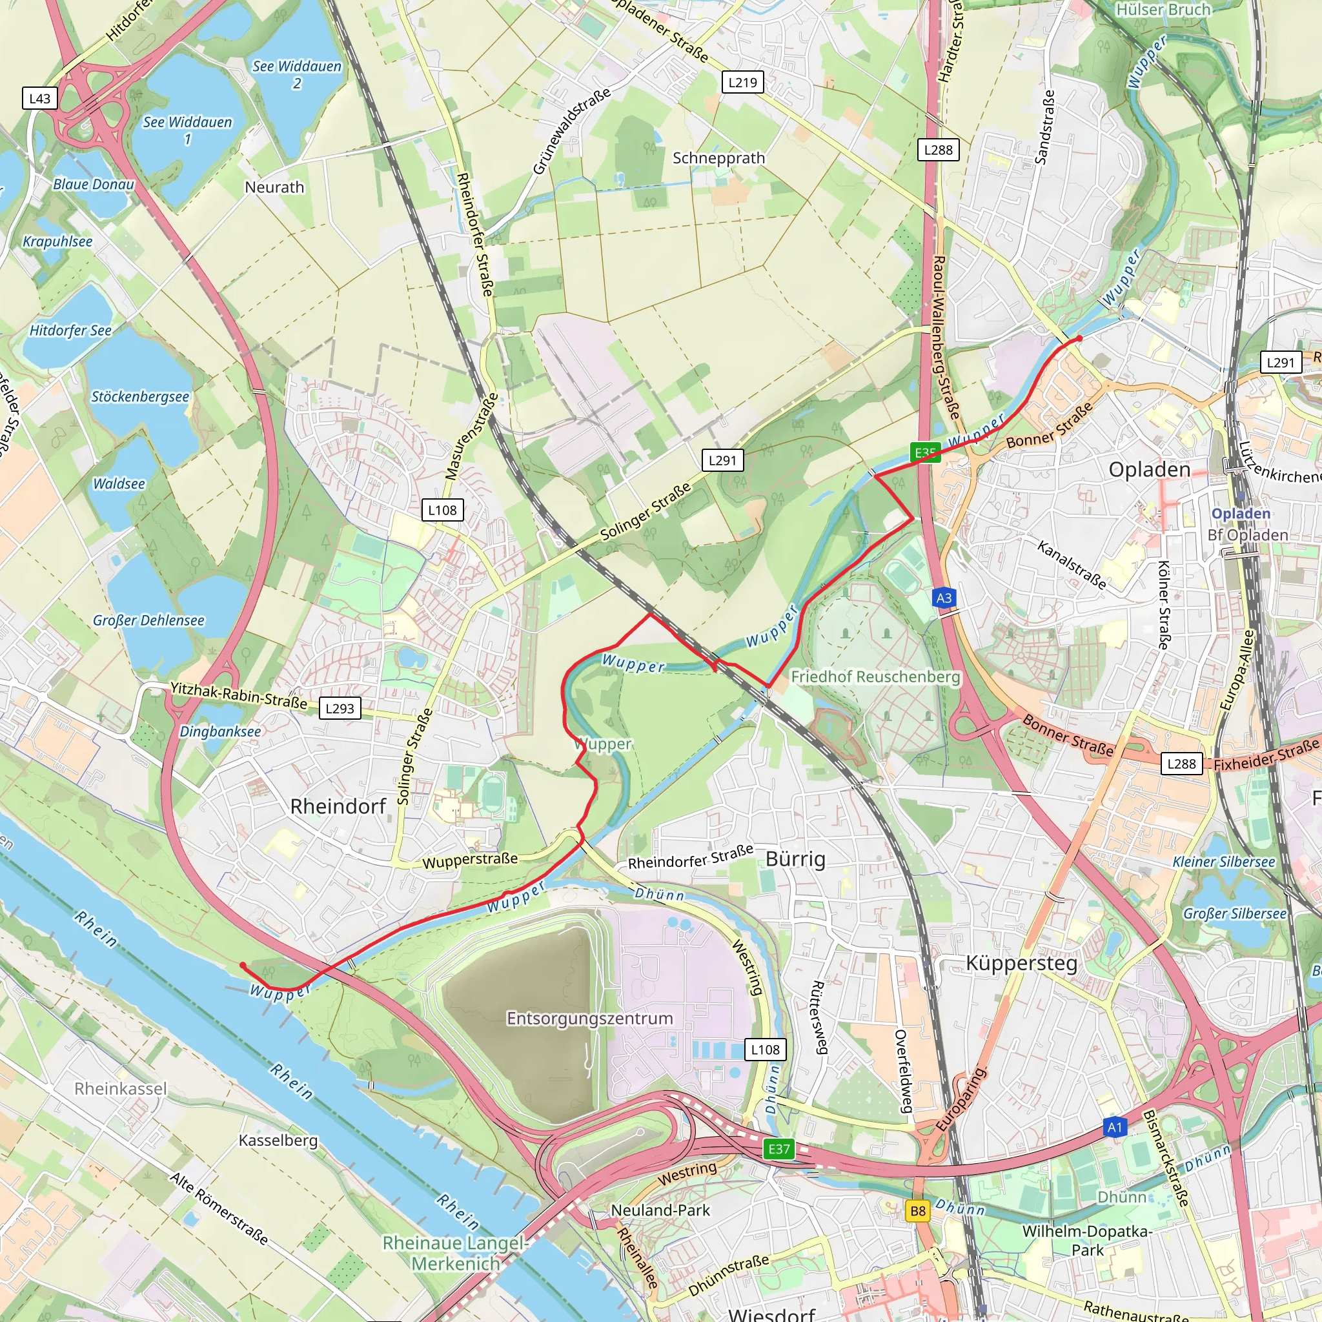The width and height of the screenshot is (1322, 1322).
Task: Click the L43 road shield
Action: [x=39, y=99]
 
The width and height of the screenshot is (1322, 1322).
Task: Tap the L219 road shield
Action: [x=742, y=83]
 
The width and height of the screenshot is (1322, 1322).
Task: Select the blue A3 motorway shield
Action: [x=944, y=598]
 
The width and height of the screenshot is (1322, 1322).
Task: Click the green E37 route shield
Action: [x=778, y=1149]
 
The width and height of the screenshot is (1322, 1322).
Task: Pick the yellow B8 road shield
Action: [x=918, y=1211]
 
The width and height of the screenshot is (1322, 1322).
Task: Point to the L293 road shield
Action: [x=340, y=708]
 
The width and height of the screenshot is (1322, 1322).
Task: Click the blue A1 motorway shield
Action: [x=1115, y=1127]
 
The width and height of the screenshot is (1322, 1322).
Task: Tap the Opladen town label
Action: [x=1150, y=469]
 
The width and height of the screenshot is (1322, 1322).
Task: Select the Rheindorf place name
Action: [x=338, y=806]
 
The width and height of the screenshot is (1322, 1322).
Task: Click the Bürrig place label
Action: [x=795, y=859]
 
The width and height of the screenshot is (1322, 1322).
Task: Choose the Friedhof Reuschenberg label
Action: [x=875, y=676]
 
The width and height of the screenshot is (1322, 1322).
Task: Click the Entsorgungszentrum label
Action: [x=589, y=1018]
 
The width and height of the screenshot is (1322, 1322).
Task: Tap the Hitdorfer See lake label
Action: [x=70, y=330]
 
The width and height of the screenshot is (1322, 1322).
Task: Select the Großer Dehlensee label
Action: [x=148, y=620]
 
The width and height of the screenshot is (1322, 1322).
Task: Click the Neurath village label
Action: [x=274, y=187]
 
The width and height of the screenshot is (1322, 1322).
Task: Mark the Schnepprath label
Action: [x=718, y=158]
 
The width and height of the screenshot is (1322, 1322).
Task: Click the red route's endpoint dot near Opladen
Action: [x=1079, y=339]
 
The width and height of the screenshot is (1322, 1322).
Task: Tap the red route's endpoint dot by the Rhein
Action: [x=243, y=966]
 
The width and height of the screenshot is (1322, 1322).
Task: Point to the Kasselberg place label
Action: [x=278, y=1140]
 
